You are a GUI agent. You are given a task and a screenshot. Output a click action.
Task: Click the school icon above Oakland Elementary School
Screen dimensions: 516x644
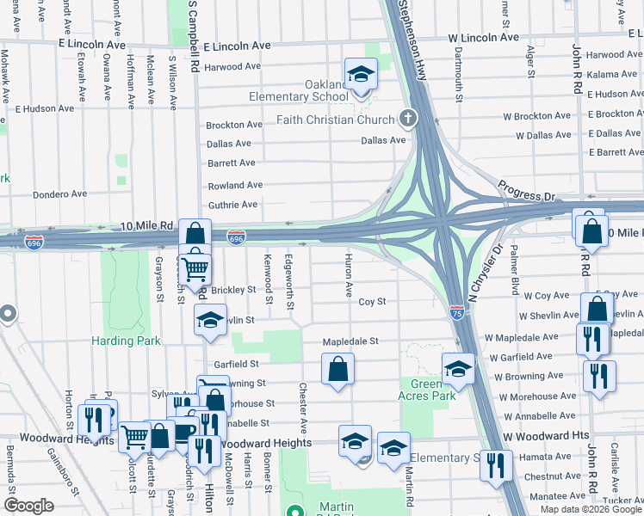[x=362, y=74]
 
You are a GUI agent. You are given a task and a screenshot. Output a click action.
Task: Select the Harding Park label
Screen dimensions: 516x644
[x=127, y=341]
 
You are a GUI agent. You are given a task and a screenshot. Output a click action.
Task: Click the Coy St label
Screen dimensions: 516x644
[x=372, y=302]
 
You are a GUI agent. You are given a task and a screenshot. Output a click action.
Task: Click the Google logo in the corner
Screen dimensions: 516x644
[x=29, y=505]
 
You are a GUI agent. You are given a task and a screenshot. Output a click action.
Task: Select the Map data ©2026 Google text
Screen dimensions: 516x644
[x=590, y=509]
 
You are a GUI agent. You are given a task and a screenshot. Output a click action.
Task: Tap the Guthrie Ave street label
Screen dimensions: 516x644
[x=232, y=205]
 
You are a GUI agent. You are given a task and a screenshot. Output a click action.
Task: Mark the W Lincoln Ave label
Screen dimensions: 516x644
[x=483, y=37]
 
